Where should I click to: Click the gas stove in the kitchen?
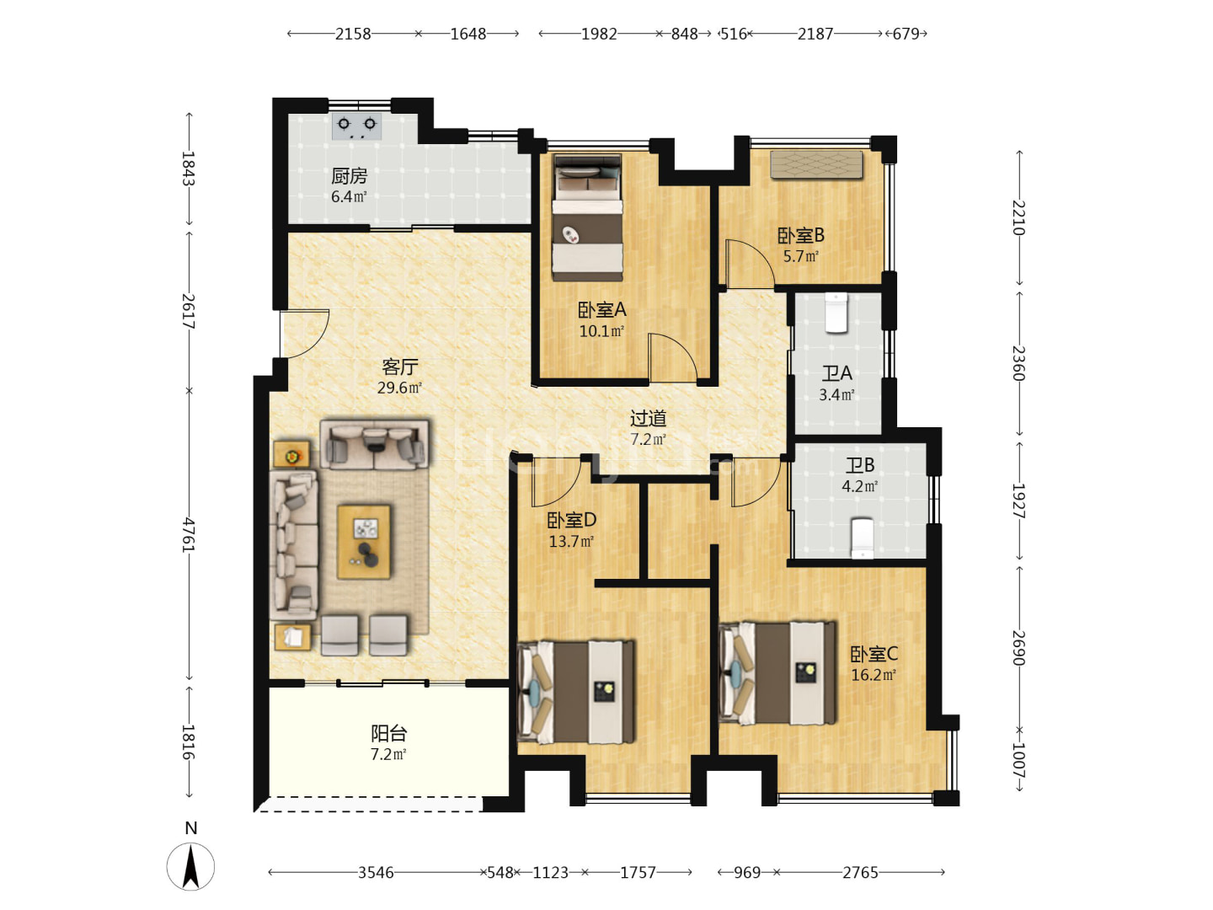(356, 126)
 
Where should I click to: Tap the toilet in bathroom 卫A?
(836, 312)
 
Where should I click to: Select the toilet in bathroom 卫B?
(862, 538)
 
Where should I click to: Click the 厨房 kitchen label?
(349, 176)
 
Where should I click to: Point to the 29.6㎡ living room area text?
(399, 388)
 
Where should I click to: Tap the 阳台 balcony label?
(388, 733)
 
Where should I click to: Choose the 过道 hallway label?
(648, 418)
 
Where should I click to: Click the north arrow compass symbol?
(190, 866)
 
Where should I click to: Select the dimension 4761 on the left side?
(189, 535)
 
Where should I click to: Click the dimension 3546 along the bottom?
(376, 872)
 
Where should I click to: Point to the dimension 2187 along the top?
(815, 34)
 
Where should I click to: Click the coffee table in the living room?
(364, 542)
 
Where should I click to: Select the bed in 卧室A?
(587, 217)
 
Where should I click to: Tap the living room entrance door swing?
(305, 334)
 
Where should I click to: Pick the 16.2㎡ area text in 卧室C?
(874, 675)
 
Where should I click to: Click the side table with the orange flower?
(291, 456)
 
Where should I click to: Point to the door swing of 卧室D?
(555, 482)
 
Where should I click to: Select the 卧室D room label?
(571, 520)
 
